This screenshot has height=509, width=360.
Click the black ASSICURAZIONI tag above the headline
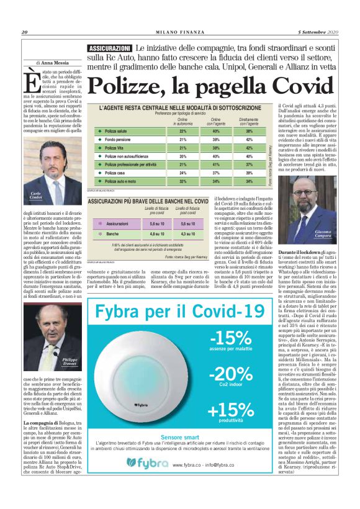click(x=110, y=48)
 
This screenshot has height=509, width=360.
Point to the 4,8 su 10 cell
click(x=158, y=234)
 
